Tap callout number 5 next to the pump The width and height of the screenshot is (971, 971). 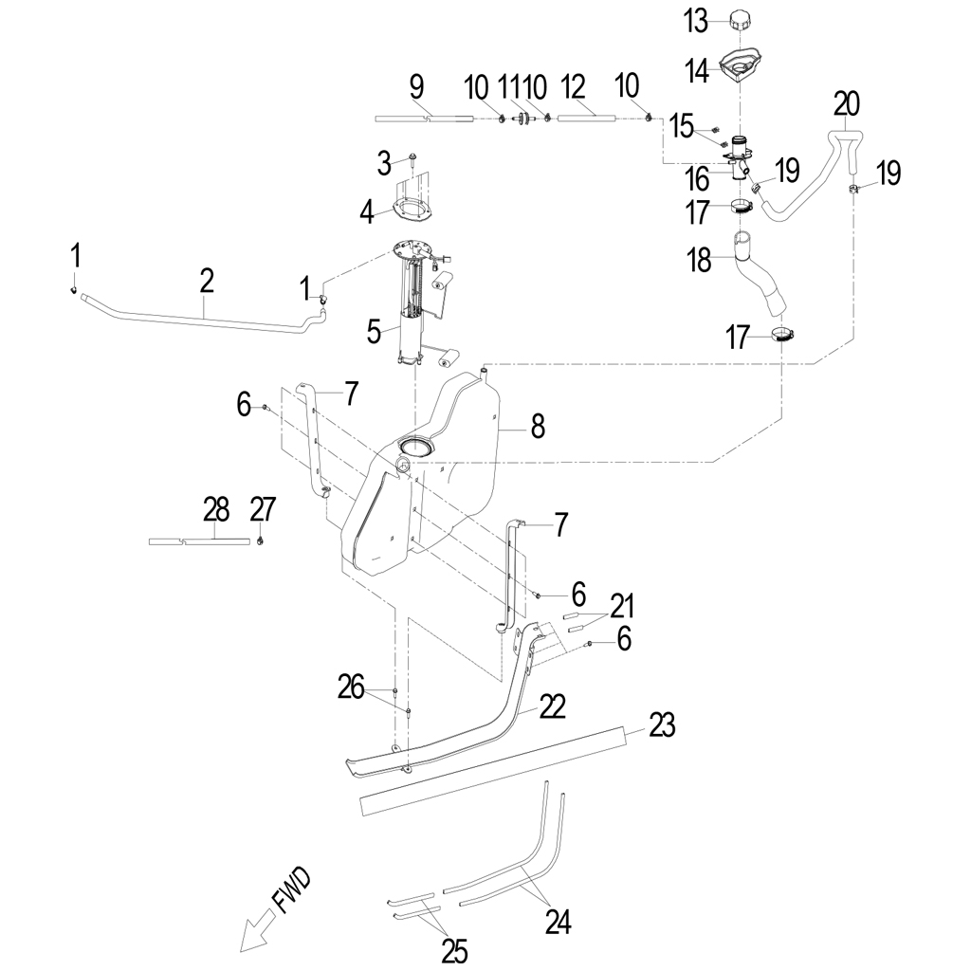click(x=375, y=331)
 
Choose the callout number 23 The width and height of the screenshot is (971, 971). click(x=662, y=726)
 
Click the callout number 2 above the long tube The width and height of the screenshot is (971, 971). click(x=207, y=279)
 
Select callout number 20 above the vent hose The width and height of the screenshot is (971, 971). click(x=847, y=102)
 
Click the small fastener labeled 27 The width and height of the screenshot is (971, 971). click(x=260, y=540)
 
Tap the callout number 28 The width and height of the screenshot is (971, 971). click(x=216, y=509)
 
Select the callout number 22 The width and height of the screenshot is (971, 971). click(x=552, y=705)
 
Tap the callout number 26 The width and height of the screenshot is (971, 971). click(x=351, y=687)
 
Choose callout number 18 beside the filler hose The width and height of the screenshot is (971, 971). click(x=699, y=260)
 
